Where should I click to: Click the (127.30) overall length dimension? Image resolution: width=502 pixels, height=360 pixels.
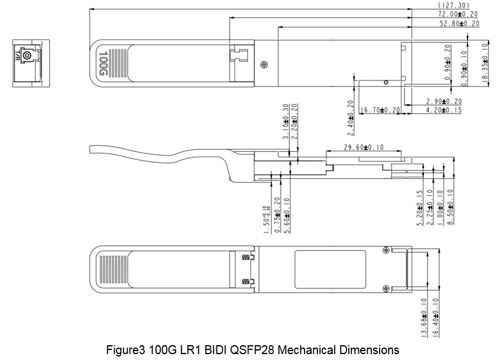click(x=454, y=5)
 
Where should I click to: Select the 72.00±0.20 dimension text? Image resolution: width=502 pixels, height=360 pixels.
click(x=458, y=14)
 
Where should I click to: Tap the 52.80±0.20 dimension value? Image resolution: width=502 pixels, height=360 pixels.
click(x=459, y=24)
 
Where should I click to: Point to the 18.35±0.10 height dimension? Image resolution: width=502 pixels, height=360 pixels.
click(x=485, y=63)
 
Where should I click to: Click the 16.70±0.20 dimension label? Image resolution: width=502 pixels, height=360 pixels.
click(x=380, y=110)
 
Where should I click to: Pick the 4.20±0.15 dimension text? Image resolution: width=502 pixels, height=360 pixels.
click(x=443, y=110)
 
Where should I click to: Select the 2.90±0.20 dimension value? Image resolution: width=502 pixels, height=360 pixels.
click(x=443, y=102)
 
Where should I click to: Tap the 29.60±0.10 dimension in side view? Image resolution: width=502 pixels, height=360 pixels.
click(x=364, y=148)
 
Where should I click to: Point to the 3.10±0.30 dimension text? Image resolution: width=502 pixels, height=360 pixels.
click(x=286, y=121)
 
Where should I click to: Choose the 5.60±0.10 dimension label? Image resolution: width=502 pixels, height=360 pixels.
click(x=287, y=216)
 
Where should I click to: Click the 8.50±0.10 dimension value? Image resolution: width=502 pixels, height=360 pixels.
click(x=451, y=207)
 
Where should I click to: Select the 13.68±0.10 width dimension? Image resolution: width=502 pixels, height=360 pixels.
click(x=423, y=318)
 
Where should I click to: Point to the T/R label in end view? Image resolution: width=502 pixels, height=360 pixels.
click(x=17, y=56)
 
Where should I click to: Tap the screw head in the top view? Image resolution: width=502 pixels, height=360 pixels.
click(x=264, y=64)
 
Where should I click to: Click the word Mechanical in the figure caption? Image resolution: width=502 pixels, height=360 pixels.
click(x=306, y=350)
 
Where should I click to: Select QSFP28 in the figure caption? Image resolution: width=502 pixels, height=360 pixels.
click(x=252, y=350)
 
